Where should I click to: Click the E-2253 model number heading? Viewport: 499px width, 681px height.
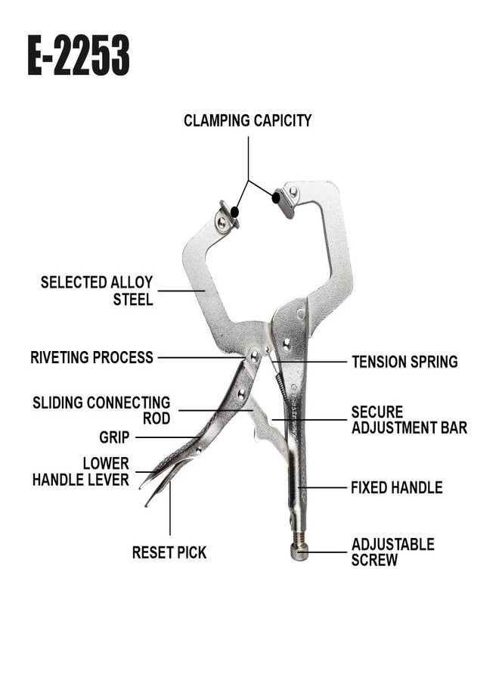click(x=79, y=55)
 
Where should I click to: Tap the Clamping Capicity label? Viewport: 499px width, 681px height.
click(x=247, y=120)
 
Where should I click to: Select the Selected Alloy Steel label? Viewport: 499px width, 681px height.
click(x=96, y=291)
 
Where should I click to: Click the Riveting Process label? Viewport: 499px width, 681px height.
click(x=91, y=357)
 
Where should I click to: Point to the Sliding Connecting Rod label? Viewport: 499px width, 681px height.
click(x=101, y=410)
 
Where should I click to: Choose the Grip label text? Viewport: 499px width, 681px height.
click(x=114, y=437)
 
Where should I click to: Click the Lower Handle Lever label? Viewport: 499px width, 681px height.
click(x=80, y=471)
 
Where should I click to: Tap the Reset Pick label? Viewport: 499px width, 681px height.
click(x=169, y=553)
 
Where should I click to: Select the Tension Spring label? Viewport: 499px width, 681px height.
click(x=404, y=362)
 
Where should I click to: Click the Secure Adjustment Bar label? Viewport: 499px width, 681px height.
click(x=408, y=420)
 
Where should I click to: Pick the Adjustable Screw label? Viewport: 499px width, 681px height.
click(x=392, y=552)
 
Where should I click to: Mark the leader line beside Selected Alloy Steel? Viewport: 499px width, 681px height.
click(x=182, y=290)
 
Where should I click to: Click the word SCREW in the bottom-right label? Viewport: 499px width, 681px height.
click(x=374, y=561)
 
